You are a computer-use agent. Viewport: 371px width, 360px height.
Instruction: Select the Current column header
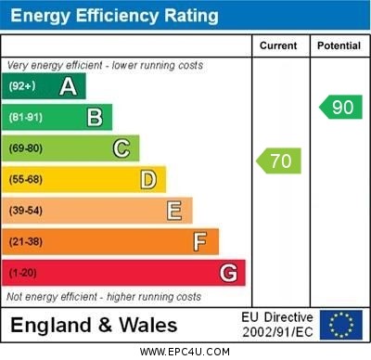click(278, 45)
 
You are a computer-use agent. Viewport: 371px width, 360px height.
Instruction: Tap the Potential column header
click(339, 45)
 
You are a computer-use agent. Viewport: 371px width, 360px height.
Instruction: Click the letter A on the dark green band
click(68, 87)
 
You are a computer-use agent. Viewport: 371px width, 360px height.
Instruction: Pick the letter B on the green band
click(95, 117)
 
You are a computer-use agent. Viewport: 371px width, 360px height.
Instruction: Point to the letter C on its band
click(122, 148)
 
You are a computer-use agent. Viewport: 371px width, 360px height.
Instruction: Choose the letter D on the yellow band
click(148, 179)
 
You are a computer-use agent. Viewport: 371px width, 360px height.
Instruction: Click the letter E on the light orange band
click(174, 211)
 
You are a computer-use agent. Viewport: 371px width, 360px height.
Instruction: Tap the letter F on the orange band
click(200, 242)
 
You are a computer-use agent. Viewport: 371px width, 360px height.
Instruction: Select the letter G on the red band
click(228, 274)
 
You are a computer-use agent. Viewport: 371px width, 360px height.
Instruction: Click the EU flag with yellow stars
click(340, 325)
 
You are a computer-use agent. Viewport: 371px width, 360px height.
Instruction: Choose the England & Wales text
click(94, 325)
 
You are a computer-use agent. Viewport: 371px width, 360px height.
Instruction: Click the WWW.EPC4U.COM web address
click(185, 352)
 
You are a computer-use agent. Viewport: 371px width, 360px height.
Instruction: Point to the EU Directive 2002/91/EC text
click(277, 325)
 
